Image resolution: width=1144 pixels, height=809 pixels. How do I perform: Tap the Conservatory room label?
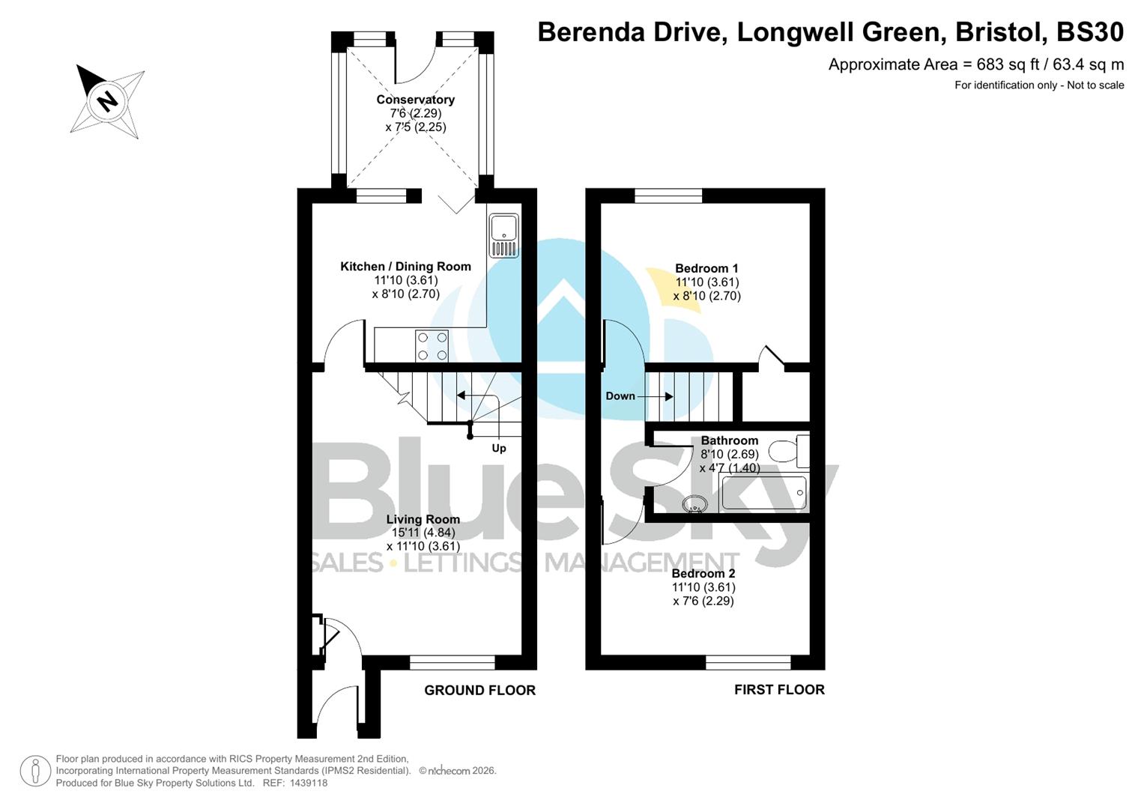[415, 100]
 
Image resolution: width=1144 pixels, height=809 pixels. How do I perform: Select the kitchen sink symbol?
[503, 235]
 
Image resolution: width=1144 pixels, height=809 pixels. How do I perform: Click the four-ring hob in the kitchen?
[432, 346]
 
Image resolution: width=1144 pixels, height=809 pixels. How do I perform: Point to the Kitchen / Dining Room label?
[405, 267]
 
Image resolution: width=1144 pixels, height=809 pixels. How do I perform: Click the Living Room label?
[423, 519]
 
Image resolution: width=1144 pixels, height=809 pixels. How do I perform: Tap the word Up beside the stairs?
[498, 448]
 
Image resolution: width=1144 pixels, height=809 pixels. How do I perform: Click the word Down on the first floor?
[620, 396]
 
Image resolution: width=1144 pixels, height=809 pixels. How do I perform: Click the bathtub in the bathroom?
[763, 493]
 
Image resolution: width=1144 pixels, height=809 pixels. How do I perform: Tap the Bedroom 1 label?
[706, 268]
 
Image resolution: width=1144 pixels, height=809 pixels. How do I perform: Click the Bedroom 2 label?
[703, 574]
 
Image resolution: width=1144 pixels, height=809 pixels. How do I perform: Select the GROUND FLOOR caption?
[479, 690]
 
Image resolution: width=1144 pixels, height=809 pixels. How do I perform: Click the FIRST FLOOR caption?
[778, 689]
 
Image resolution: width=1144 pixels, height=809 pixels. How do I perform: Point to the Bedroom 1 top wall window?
[668, 196]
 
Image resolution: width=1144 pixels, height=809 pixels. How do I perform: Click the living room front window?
[452, 662]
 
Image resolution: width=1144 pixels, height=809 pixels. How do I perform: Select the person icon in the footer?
[35, 771]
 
